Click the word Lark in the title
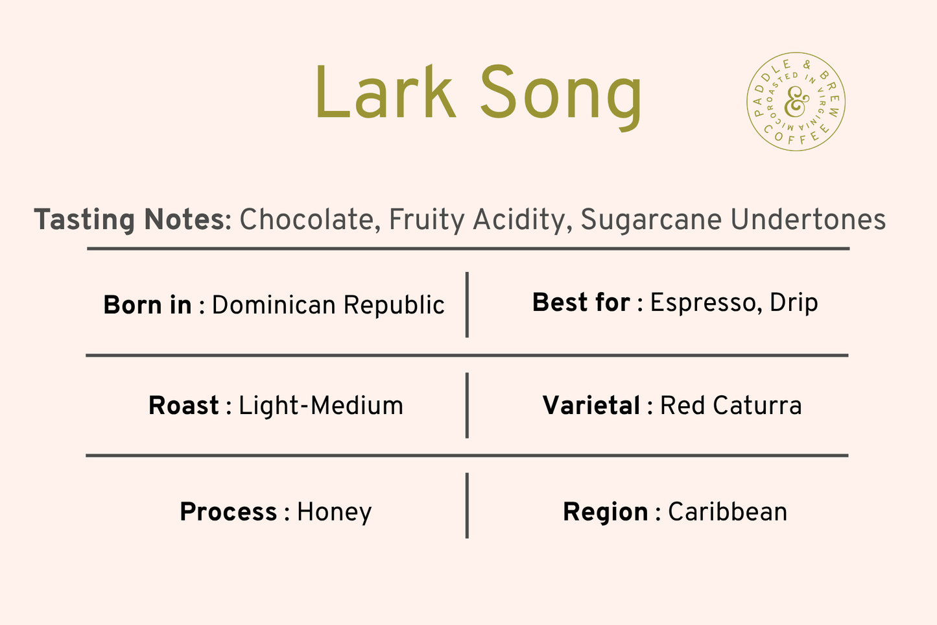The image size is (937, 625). tap(385, 92)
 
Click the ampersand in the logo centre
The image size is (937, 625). tap(796, 102)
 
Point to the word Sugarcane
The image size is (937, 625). tap(651, 220)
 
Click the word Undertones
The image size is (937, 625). tap(808, 219)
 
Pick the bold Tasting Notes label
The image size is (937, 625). tap(132, 220)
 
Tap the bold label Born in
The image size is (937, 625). tap(147, 304)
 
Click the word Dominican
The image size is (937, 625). tap(274, 304)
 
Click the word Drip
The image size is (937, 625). tap(794, 302)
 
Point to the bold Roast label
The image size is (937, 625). tap(184, 405)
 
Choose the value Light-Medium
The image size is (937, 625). tap(321, 406)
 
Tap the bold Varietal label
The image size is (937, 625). tap(591, 405)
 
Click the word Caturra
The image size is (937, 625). tap(757, 405)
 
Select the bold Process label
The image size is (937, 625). tap(228, 511)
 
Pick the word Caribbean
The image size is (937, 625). tap(728, 511)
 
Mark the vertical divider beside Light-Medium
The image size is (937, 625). tap(467, 405)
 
